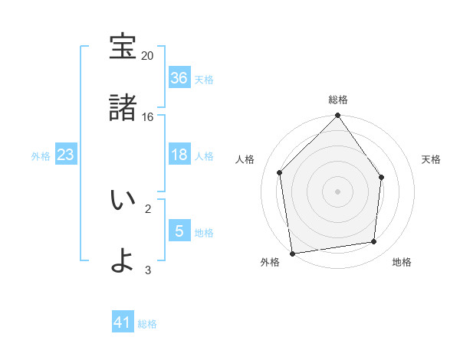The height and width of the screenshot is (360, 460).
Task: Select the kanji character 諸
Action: [123, 107]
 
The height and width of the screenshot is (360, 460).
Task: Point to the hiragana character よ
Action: [123, 260]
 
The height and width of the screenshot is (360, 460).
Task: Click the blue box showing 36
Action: [179, 78]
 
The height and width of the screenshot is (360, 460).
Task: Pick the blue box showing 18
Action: [179, 155]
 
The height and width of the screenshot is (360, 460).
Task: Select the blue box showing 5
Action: [179, 231]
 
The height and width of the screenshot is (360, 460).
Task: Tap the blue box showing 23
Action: [65, 155]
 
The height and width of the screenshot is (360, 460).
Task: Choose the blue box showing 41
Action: [123, 323]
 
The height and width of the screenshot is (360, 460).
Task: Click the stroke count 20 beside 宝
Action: [148, 56]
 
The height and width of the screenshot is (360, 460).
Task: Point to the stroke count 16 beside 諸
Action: [148, 117]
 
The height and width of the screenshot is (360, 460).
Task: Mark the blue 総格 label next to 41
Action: [147, 324]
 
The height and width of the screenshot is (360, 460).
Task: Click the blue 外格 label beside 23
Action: [41, 156]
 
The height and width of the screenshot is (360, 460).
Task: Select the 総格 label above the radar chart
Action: [338, 100]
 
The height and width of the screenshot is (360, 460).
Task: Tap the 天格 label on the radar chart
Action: [432, 159]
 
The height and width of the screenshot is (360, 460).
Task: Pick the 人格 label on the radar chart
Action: [245, 159]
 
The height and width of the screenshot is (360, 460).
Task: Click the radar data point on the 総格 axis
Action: [338, 116]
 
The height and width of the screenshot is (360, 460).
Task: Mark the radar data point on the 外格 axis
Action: [292, 253]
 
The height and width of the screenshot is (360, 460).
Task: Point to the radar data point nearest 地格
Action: [374, 242]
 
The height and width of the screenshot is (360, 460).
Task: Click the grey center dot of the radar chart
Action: [338, 191]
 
